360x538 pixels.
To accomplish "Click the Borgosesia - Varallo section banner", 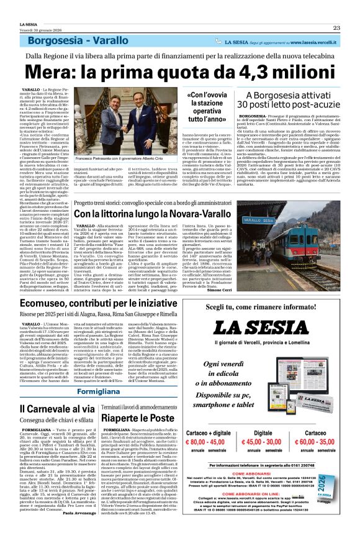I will (x=83, y=42).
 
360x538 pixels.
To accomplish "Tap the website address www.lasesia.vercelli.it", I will (x=302, y=42).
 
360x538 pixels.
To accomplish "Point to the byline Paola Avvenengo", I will (x=78, y=530).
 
